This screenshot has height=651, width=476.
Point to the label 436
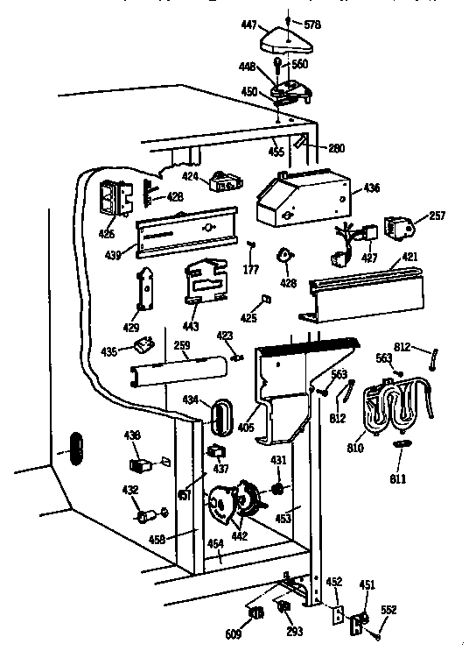point(372,188)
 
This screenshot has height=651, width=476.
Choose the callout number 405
point(246,429)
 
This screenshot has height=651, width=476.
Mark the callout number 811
point(399,478)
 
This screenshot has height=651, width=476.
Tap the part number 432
point(129,491)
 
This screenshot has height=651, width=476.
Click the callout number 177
point(251,269)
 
